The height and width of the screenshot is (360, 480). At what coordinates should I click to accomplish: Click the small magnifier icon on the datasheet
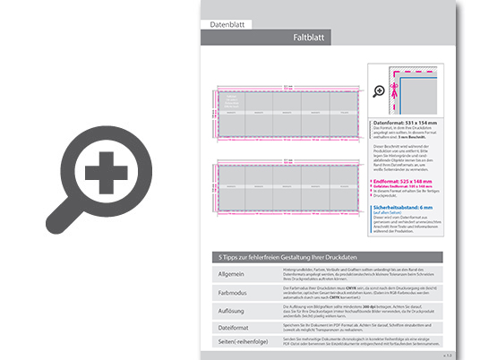(380, 90)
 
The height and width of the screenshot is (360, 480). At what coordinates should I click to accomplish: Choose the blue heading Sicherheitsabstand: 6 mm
(407, 207)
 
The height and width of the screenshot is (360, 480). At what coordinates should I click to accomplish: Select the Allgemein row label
(230, 272)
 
